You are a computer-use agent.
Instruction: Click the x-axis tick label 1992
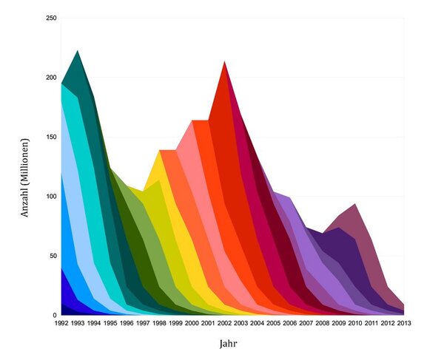(x=61, y=323)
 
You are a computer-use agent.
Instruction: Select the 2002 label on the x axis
(x=224, y=323)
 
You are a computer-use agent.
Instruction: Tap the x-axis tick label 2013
(x=403, y=323)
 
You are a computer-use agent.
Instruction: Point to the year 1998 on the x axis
(x=159, y=323)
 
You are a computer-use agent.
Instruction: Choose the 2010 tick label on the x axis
(x=354, y=323)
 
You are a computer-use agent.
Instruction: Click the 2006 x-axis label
(x=289, y=323)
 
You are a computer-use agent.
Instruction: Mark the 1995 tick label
(x=110, y=323)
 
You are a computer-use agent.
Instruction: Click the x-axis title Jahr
(x=229, y=344)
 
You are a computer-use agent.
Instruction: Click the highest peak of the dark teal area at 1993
(x=78, y=51)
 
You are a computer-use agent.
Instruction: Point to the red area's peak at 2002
(x=224, y=61)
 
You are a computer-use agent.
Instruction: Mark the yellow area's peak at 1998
(x=159, y=150)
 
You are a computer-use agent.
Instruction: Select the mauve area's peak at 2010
(x=355, y=204)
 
